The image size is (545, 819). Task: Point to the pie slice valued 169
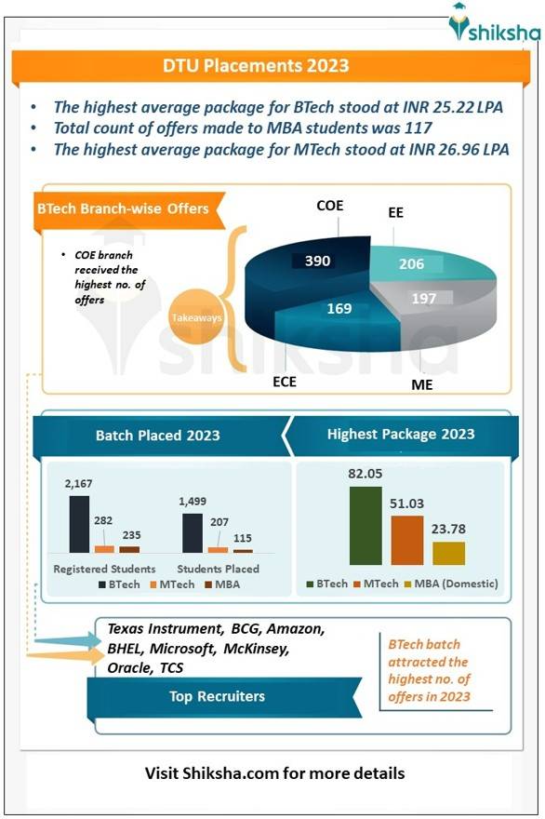(x=335, y=312)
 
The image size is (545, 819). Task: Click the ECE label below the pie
(x=285, y=381)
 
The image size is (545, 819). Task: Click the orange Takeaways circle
(x=197, y=317)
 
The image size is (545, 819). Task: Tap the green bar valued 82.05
(x=366, y=526)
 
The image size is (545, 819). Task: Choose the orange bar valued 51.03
(x=407, y=540)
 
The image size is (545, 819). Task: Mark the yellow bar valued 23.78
(x=448, y=553)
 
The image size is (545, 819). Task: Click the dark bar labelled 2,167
(x=80, y=525)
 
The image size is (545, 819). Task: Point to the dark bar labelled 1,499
(x=193, y=533)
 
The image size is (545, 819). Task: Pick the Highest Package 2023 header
(x=401, y=434)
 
